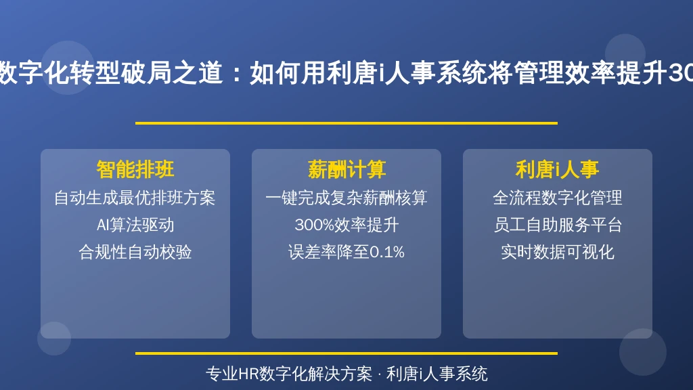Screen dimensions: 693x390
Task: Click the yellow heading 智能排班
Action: click(135, 169)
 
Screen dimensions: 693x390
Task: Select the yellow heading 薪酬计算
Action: click(346, 169)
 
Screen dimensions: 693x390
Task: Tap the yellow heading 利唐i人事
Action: click(558, 169)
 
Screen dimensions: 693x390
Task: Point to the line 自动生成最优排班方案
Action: click(135, 198)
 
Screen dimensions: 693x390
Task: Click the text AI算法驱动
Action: click(135, 225)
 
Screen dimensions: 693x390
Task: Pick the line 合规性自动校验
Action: click(135, 252)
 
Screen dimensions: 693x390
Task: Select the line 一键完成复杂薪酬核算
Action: click(346, 198)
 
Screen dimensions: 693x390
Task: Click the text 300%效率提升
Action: click(346, 225)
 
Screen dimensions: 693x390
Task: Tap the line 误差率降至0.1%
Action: click(346, 252)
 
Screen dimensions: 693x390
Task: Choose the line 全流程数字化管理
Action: click(558, 198)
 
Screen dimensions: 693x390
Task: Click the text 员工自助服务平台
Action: click(558, 225)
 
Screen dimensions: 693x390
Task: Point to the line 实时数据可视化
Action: click(558, 252)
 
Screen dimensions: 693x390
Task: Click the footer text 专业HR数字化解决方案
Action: click(289, 374)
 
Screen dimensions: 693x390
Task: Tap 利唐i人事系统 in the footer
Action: click(437, 374)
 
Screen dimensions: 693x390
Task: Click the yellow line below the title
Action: click(346, 123)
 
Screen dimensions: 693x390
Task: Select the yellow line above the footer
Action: click(346, 353)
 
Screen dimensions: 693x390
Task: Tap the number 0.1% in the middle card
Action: click(386, 253)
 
